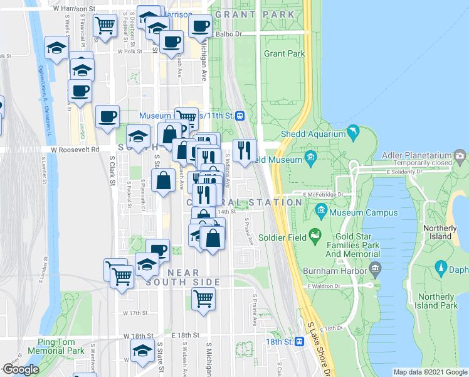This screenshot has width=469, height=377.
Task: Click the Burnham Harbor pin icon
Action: point(376,270)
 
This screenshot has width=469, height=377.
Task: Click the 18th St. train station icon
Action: point(300,341)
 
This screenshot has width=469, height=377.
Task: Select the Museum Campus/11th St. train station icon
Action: point(239,116)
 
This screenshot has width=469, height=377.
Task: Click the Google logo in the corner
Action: point(21,369)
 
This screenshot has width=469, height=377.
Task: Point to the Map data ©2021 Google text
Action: point(429,372)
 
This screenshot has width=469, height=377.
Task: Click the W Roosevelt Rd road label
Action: point(75,150)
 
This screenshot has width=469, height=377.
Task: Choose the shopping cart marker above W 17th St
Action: point(203,300)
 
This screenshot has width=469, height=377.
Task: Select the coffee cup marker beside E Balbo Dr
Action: point(200,27)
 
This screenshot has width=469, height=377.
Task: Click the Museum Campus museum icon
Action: point(322,210)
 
